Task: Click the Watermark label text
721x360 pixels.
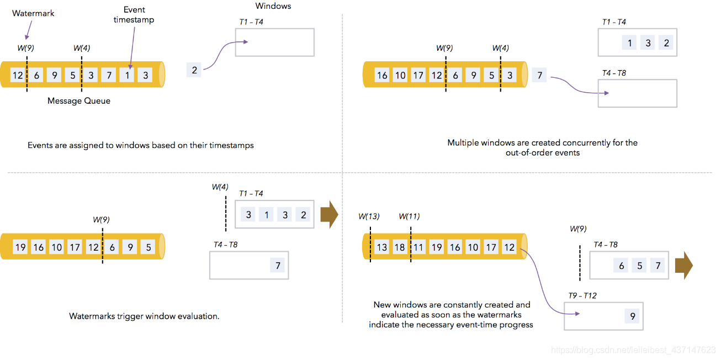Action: click(33, 13)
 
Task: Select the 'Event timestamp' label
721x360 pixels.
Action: click(134, 15)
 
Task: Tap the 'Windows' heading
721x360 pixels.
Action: click(273, 6)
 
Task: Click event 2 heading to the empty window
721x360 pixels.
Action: click(194, 70)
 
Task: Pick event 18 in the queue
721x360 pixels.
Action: click(400, 247)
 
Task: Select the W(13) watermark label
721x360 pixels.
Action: click(369, 216)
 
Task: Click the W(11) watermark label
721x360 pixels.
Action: click(409, 216)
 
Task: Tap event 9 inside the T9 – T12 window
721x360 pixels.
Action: click(633, 317)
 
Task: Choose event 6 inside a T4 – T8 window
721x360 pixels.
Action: click(622, 266)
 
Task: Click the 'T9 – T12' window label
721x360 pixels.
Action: click(582, 296)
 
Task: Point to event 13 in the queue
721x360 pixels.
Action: click(382, 247)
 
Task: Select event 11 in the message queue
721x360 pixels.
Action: click(418, 247)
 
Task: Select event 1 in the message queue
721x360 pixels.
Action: click(128, 75)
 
